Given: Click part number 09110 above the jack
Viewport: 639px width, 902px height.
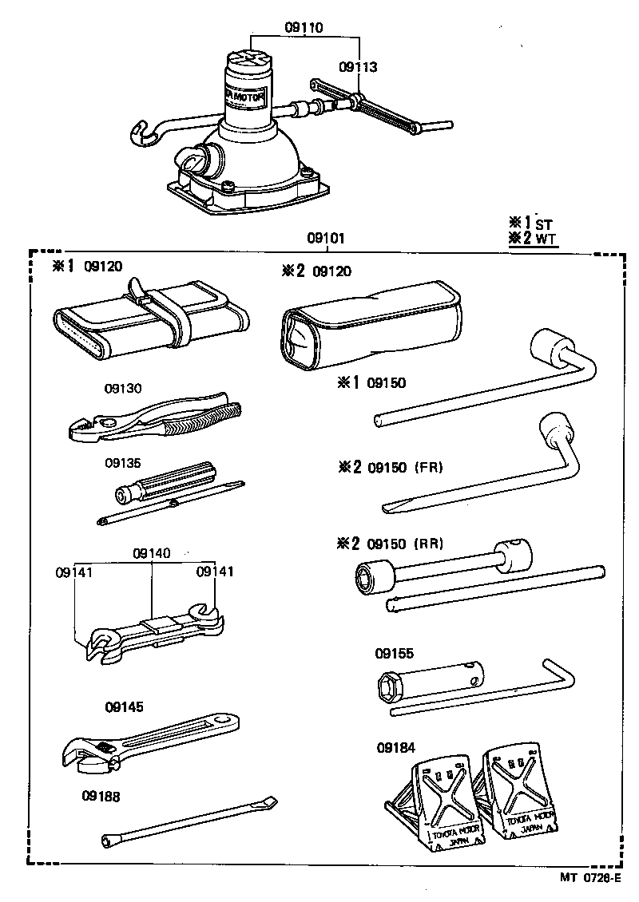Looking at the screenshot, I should click(x=304, y=27).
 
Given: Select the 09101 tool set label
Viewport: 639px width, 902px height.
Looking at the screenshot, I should click(x=326, y=238).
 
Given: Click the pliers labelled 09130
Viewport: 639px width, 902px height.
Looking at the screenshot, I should click(x=152, y=419).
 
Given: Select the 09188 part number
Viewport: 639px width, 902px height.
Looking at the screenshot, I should click(x=101, y=795).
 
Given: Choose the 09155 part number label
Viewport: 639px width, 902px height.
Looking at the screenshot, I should click(x=395, y=653).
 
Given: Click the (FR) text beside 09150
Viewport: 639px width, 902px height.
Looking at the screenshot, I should click(x=429, y=467).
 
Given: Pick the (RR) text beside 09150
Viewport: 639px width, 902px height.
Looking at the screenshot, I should click(x=429, y=544).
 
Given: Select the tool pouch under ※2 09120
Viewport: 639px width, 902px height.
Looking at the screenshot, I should click(x=371, y=323).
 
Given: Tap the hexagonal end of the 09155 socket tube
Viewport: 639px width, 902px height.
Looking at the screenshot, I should click(x=390, y=687).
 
